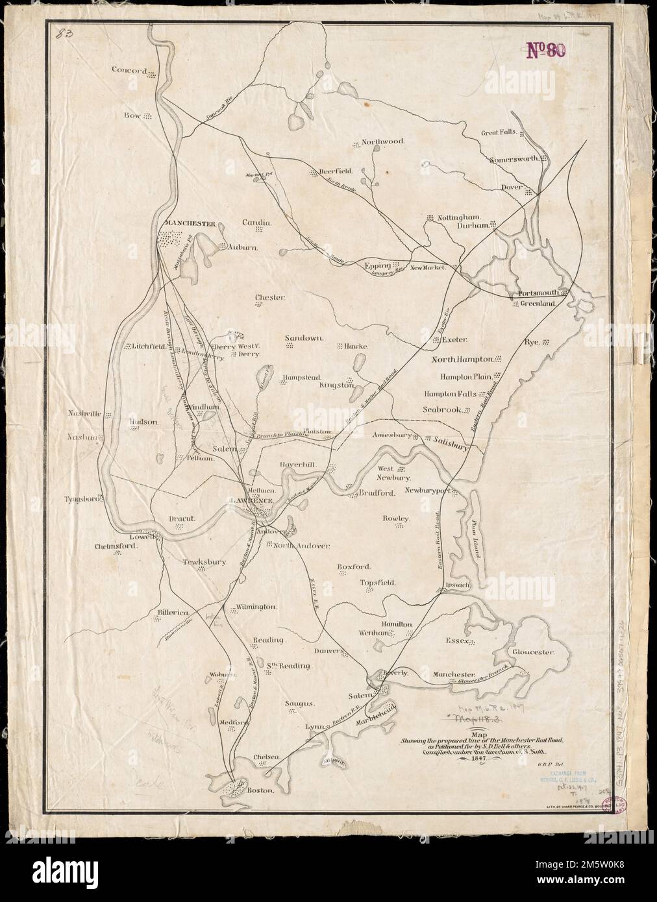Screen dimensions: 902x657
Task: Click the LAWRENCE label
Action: pos(250,502)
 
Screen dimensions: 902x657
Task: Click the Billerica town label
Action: pos(172,613)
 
